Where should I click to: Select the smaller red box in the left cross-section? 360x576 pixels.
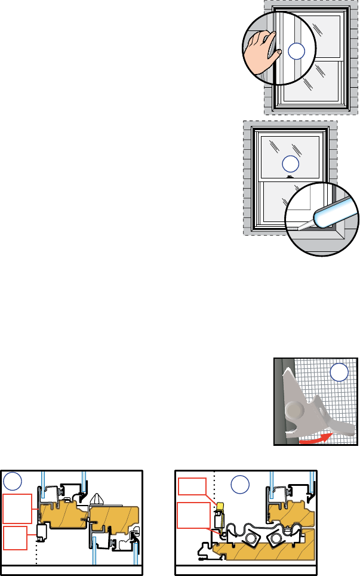coord(15,538)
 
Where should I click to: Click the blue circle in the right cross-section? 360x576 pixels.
coord(240,484)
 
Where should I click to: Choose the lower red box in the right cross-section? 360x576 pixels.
coord(195,516)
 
